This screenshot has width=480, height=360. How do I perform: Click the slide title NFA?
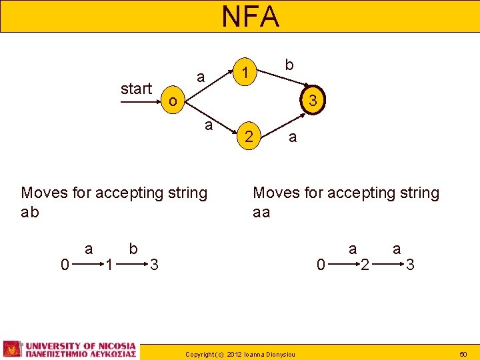tap(250, 17)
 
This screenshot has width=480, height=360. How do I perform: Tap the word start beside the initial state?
tap(136, 89)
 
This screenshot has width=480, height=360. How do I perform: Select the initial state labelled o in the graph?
tap(173, 102)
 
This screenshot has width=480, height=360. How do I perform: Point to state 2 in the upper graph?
tap(248, 137)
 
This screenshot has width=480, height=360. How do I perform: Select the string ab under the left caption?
tap(31, 213)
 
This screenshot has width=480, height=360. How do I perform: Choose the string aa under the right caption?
tap(262, 213)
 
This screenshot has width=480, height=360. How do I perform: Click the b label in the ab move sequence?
tap(133, 249)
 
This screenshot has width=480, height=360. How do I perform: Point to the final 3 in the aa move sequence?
tap(410, 265)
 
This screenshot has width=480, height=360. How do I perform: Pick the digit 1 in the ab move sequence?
tap(108, 265)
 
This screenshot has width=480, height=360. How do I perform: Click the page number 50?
tap(464, 352)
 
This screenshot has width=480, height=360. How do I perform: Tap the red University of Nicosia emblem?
tap(12, 349)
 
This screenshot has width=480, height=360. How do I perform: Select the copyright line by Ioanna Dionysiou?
tap(240, 352)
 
